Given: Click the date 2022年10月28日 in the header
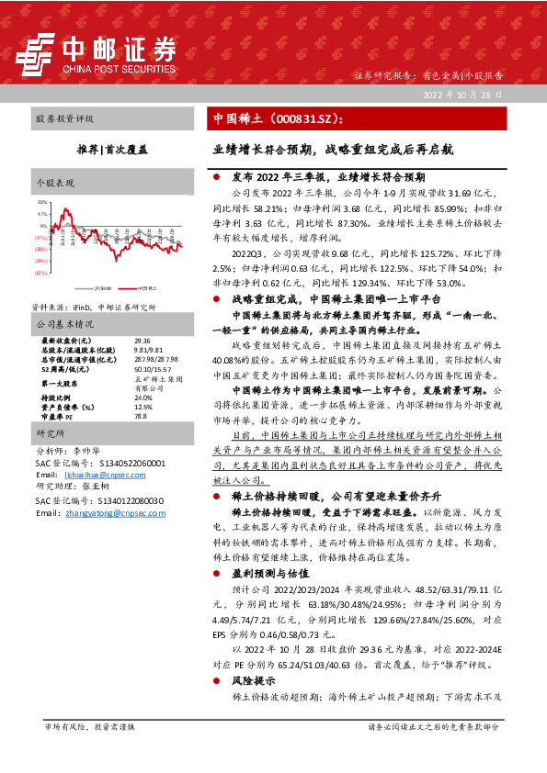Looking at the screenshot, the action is pos(464,95).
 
